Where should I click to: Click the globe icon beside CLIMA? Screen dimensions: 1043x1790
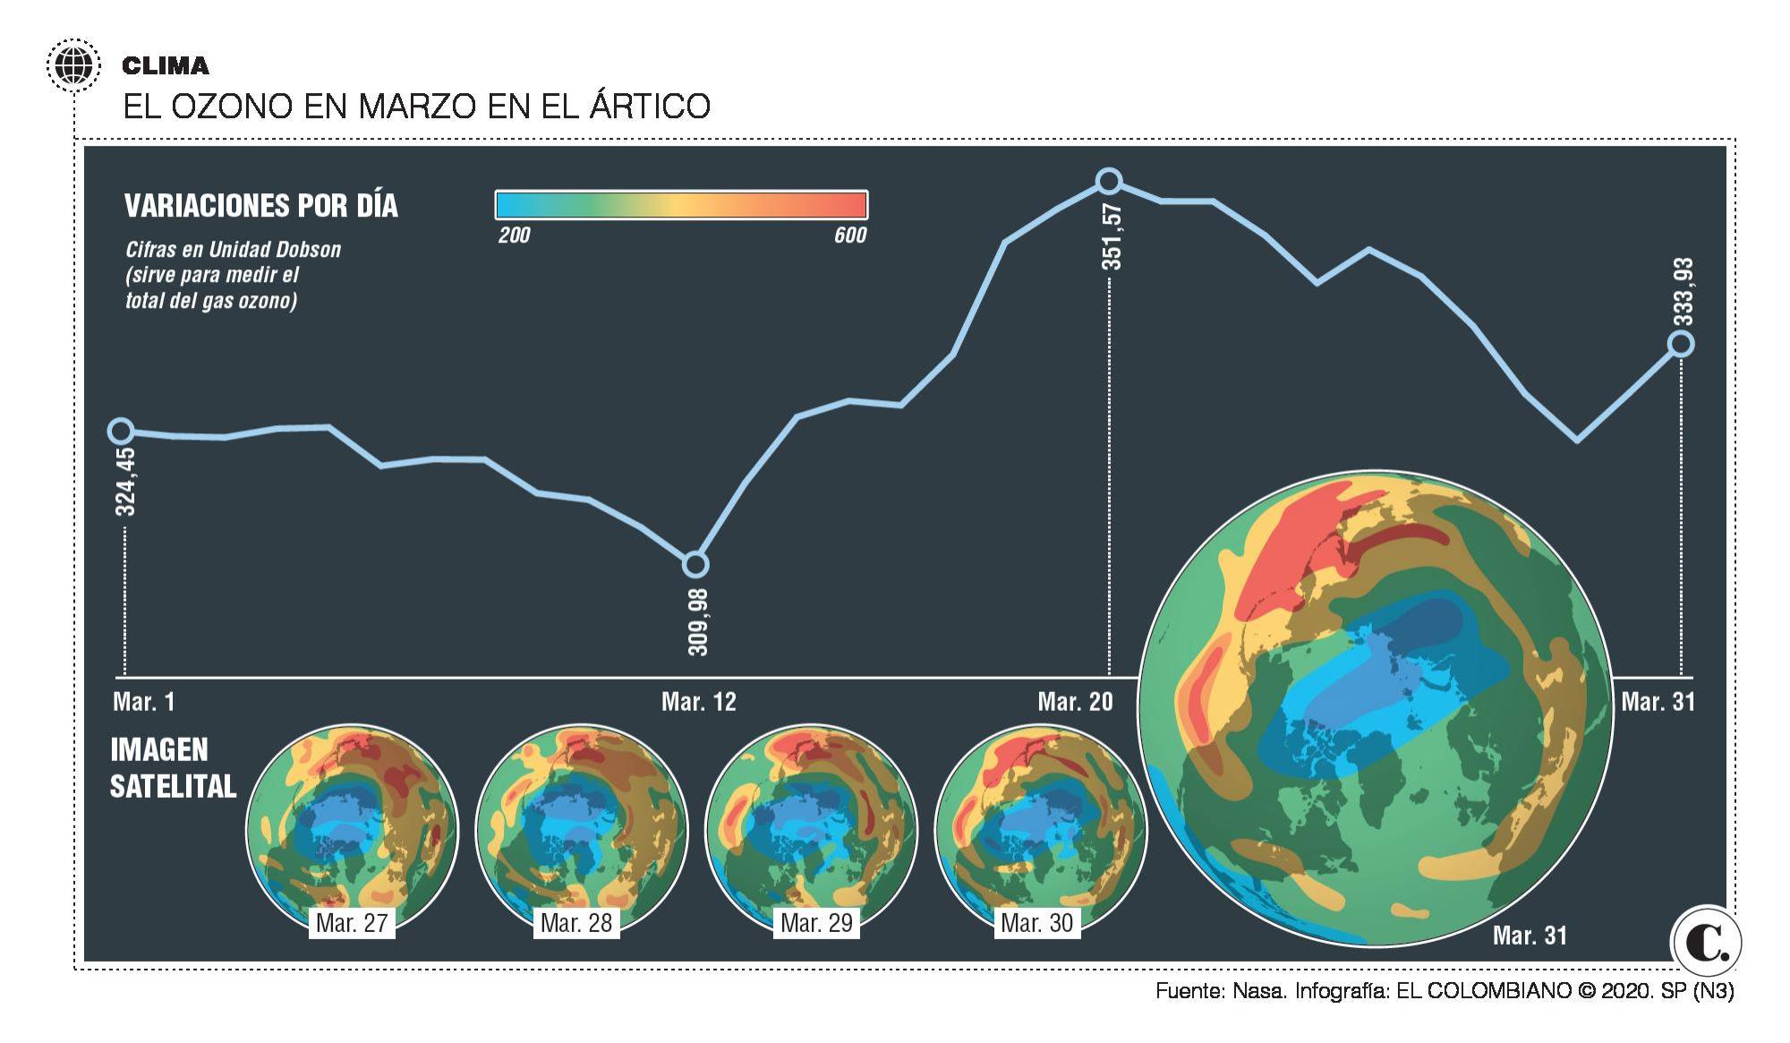(72, 65)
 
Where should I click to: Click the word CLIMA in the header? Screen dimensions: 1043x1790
(166, 65)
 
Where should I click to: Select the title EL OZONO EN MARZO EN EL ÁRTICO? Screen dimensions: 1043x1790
(416, 107)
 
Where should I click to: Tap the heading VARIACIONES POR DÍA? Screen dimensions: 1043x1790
(260, 206)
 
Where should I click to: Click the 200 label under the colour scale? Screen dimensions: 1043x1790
(514, 235)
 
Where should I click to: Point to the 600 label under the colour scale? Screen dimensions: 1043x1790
(850, 235)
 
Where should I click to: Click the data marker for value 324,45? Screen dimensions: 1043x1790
(121, 432)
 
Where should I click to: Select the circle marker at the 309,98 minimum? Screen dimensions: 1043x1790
(695, 565)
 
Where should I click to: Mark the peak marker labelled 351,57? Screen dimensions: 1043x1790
(1109, 182)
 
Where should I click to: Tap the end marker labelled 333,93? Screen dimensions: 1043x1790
(1681, 344)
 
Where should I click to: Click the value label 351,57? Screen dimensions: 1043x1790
(1112, 236)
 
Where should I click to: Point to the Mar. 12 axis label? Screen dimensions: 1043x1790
(698, 702)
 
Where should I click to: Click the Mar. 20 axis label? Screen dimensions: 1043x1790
(1075, 702)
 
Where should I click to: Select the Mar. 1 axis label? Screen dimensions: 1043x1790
(144, 702)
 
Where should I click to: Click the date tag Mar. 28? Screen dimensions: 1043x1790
(576, 923)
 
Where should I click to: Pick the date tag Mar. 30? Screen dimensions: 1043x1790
(1036, 923)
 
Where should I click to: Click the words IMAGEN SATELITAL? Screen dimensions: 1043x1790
(173, 768)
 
